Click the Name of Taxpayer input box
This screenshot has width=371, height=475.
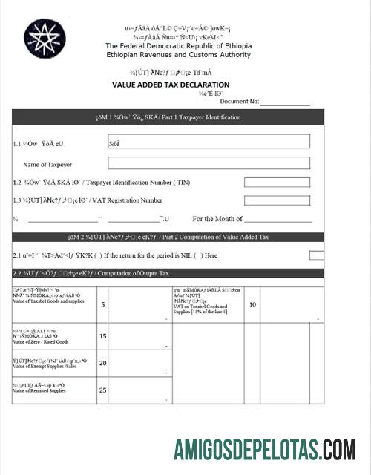(x=209, y=163)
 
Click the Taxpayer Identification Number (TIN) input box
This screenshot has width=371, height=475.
(x=277, y=182)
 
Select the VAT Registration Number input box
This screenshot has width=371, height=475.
(x=277, y=200)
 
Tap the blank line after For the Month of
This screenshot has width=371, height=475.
(x=278, y=219)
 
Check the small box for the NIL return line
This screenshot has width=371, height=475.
(x=316, y=255)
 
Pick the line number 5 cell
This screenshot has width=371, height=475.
(x=102, y=304)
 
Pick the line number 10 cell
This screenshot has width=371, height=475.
(x=252, y=304)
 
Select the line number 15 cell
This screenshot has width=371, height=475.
(x=102, y=336)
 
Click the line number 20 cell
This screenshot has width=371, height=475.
(x=102, y=363)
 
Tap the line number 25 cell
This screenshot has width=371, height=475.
(x=102, y=390)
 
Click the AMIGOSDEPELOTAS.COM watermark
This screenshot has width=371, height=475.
(x=264, y=450)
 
